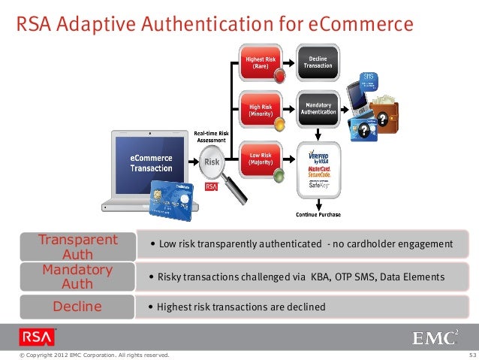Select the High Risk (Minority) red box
click(x=260, y=110)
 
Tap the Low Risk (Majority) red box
click(x=260, y=159)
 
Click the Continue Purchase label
click(x=318, y=214)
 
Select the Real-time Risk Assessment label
click(x=212, y=135)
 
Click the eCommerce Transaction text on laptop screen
click(x=151, y=163)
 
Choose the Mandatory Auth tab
click(x=78, y=277)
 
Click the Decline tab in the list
click(x=78, y=307)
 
